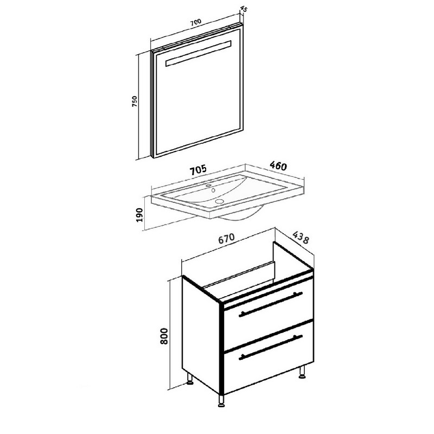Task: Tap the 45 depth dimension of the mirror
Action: (x=244, y=9)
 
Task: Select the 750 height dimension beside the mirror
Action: (x=135, y=101)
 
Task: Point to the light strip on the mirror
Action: (x=198, y=54)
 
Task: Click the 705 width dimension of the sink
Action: (x=198, y=170)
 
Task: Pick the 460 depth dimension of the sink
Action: (x=278, y=166)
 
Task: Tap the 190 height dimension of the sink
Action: (x=139, y=214)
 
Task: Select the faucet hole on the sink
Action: (x=209, y=186)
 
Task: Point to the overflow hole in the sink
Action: (x=213, y=190)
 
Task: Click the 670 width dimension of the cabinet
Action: (x=226, y=238)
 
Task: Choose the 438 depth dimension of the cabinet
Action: (x=301, y=238)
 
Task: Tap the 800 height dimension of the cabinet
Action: (x=164, y=336)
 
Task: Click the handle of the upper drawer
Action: (x=271, y=304)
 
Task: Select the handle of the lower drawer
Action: (x=271, y=347)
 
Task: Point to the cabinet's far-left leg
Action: (x=190, y=379)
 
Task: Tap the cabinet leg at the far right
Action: (x=302, y=372)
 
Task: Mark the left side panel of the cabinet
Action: (x=201, y=335)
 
